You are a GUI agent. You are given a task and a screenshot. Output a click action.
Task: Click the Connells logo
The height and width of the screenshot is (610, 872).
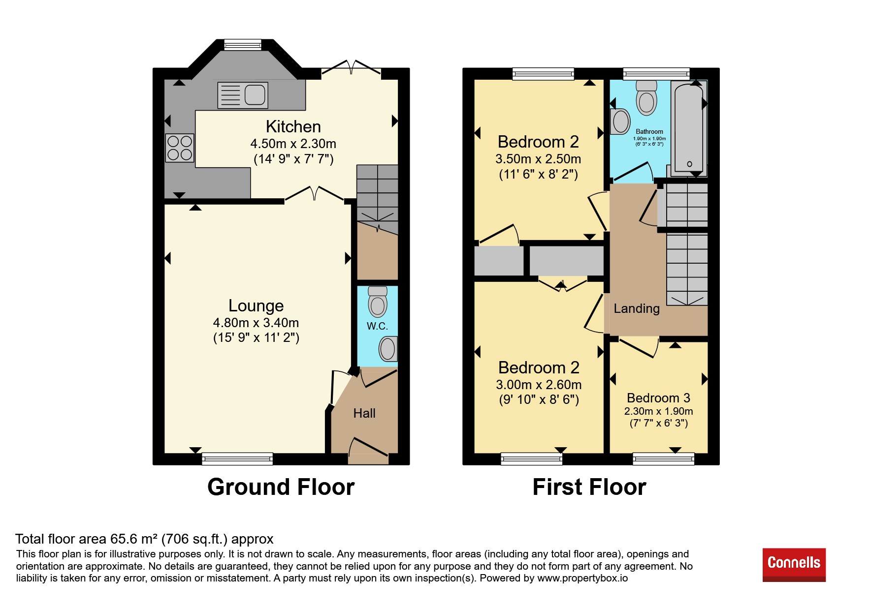(x=794, y=565)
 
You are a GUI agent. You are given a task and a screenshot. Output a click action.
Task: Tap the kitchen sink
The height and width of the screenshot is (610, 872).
(x=243, y=95)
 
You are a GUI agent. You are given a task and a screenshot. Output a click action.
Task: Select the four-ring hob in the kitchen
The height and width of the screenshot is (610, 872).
(x=180, y=148)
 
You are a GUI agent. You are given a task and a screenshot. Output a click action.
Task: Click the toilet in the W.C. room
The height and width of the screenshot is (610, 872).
(x=378, y=302)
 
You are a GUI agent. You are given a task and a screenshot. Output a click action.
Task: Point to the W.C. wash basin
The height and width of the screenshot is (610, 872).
(x=388, y=349)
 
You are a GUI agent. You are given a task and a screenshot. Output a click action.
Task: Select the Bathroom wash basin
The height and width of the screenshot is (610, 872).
(x=620, y=121)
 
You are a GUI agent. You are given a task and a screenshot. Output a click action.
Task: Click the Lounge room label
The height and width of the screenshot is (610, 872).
(x=256, y=305)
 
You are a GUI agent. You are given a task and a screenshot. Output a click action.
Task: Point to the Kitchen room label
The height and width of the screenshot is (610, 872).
(x=293, y=126)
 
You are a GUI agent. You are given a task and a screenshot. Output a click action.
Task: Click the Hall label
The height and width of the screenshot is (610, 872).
(x=364, y=413)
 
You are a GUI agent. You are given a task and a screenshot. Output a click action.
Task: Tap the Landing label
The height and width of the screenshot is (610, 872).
(x=637, y=308)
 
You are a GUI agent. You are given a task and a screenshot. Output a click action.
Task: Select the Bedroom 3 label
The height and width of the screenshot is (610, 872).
(x=658, y=397)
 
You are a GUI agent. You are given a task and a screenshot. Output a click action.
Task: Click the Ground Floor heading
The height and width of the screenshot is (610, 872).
(x=281, y=487)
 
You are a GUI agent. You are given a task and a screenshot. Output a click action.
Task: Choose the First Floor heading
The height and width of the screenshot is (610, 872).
(x=589, y=487)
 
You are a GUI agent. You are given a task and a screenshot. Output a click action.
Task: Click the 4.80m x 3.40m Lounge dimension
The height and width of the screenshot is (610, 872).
(x=256, y=323)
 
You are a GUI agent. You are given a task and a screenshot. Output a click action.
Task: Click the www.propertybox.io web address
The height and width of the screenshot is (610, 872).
(x=582, y=578)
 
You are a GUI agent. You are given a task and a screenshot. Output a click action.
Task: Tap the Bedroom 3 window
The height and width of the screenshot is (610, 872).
(x=664, y=459)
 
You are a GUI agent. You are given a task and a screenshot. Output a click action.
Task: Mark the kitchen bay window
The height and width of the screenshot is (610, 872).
(x=243, y=45)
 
